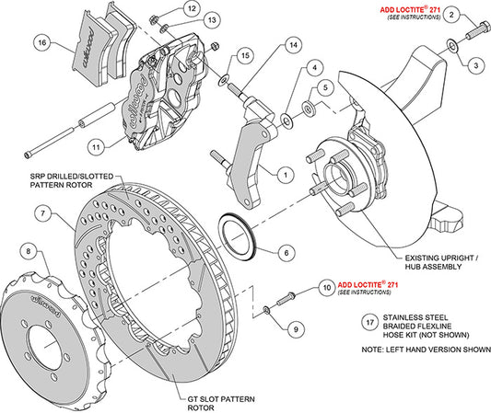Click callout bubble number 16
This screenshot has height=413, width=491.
click(41, 42)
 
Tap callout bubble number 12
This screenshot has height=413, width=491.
click(191, 8)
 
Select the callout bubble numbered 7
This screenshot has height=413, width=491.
click(42, 214)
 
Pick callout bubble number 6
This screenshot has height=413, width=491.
click(286, 251)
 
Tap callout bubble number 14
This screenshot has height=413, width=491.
click(291, 45)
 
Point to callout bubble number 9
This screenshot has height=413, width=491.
click(296, 329)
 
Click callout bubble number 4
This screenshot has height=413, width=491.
click(313, 66)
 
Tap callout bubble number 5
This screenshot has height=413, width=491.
click(323, 88)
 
